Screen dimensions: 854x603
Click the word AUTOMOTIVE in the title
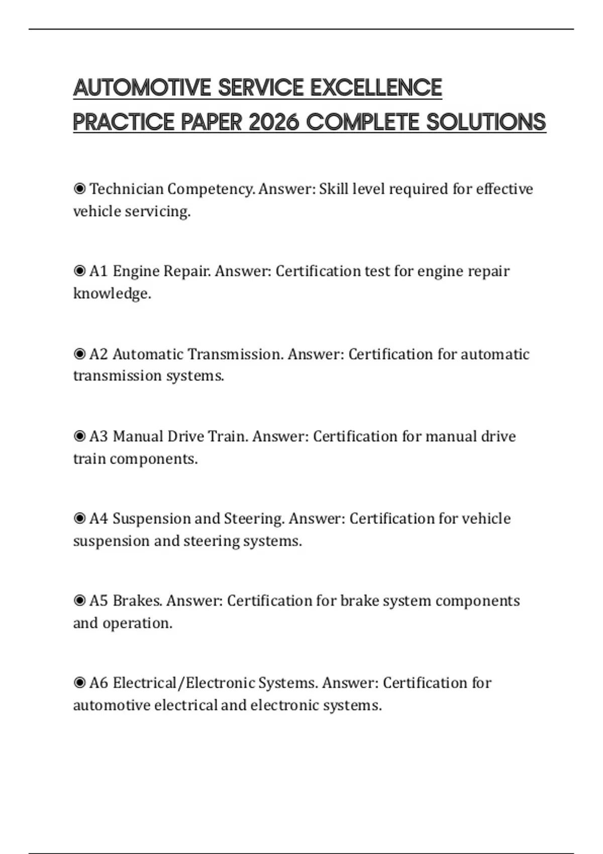143,87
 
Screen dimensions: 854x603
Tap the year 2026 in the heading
274,122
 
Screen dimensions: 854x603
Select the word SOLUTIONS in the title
486,122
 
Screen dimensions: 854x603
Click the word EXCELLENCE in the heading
376,87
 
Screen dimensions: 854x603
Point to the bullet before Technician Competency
79,189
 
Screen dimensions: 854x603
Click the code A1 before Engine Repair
98,271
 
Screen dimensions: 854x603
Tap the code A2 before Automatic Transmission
98,354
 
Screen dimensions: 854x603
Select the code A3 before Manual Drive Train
98,436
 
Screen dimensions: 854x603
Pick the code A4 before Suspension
98,518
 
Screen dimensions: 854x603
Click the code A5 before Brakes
98,601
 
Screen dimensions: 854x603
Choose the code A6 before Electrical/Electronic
98,683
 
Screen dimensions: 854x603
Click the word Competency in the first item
211,189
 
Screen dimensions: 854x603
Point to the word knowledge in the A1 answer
112,293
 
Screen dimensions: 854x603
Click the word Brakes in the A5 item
137,601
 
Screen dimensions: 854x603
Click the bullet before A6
79,683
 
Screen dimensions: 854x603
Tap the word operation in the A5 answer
137,623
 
